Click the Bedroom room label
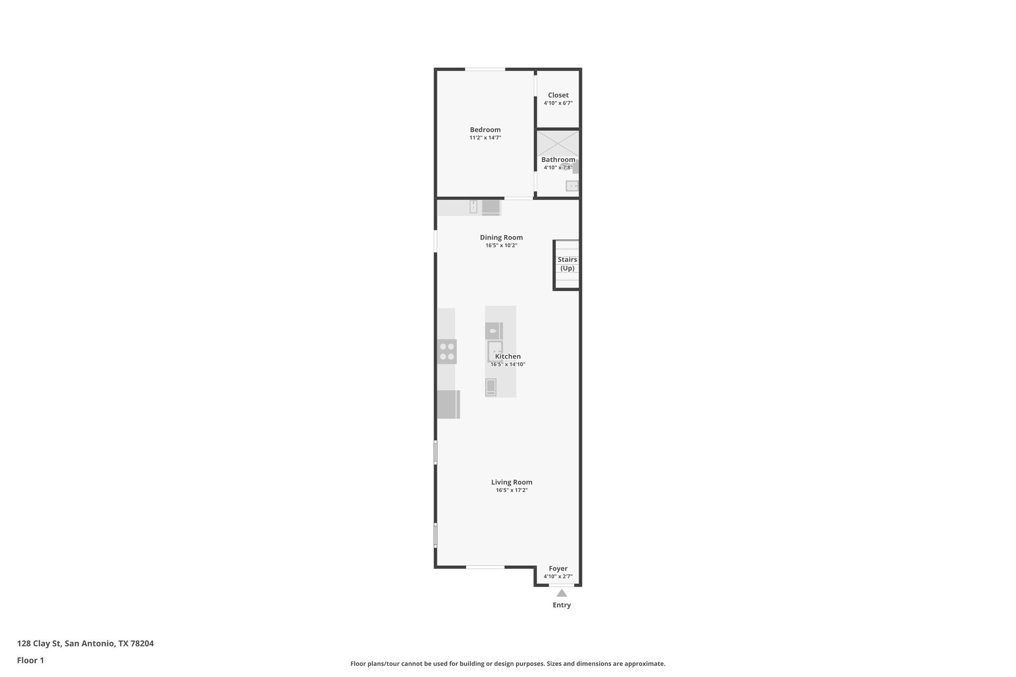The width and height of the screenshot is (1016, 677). (485, 130)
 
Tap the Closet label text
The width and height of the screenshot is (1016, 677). (558, 95)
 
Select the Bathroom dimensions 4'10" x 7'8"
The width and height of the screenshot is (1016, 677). (558, 168)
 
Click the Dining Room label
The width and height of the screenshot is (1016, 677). (501, 238)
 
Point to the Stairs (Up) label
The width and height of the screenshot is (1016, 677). (567, 264)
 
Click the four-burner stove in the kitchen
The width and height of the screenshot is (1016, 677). (447, 352)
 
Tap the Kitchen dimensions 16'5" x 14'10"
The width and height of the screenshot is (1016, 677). (508, 365)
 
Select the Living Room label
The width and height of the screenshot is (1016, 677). (511, 482)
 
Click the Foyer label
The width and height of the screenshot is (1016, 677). (558, 569)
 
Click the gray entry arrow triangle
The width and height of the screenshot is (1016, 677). (562, 593)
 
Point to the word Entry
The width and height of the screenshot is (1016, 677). (562, 605)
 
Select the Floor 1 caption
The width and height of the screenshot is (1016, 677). (30, 661)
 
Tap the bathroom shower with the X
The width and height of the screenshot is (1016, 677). (558, 143)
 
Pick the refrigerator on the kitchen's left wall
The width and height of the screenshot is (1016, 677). (448, 404)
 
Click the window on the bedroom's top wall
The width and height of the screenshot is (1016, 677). (485, 69)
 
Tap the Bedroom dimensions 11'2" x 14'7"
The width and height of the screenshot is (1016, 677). (485, 138)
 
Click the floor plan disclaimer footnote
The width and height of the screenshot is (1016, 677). (508, 664)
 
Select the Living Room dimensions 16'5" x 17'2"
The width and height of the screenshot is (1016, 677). (511, 491)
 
